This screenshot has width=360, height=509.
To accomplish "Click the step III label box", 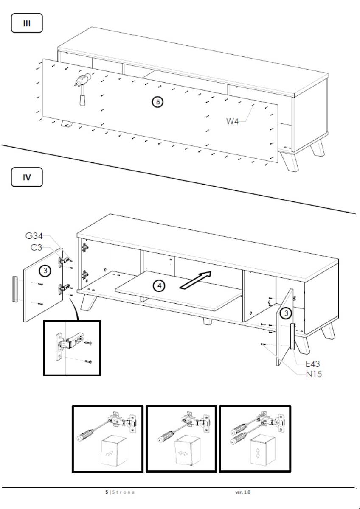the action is (x=27, y=23).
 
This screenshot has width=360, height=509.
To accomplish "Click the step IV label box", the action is (x=27, y=177).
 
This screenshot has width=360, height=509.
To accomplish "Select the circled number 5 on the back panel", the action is (x=157, y=102).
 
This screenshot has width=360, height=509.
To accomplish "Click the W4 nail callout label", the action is (x=232, y=121).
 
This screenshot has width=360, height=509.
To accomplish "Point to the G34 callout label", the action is (x=34, y=236).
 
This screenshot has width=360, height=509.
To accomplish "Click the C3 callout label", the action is (x=37, y=247).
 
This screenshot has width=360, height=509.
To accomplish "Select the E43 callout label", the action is (x=313, y=364).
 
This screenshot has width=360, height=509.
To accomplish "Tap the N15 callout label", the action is (x=314, y=374).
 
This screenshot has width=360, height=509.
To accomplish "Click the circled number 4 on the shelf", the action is (x=159, y=285).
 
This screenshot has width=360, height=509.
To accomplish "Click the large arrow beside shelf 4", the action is (x=195, y=280).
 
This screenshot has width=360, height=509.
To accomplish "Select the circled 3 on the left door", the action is (x=45, y=271).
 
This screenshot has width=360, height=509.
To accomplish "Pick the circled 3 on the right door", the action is (x=286, y=313).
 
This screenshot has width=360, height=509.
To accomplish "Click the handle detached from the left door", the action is (x=15, y=288).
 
